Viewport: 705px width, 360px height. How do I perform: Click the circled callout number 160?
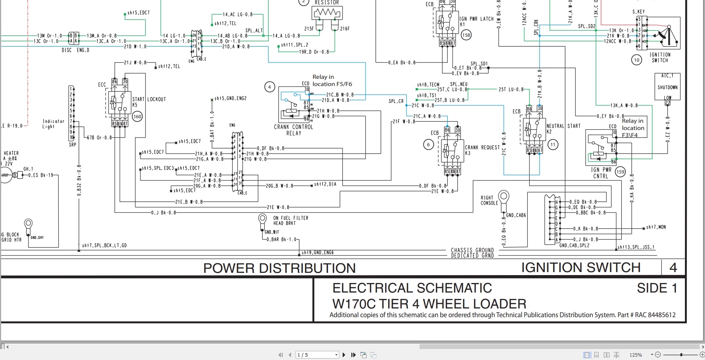(137, 116)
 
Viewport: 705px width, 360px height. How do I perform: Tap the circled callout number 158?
(466, 35)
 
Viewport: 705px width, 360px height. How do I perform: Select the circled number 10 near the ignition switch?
(636, 60)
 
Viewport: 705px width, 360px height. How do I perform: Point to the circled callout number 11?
(553, 144)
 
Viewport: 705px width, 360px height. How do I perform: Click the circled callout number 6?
(428, 144)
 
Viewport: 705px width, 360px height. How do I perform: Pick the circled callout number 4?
(269, 87)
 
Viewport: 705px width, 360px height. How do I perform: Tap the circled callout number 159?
(620, 172)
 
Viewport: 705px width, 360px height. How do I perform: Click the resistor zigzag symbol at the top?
(327, 13)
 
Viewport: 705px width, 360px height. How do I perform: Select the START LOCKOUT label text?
(149, 99)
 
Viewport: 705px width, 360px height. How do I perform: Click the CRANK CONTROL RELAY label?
(293, 130)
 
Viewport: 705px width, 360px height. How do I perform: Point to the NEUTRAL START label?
(563, 126)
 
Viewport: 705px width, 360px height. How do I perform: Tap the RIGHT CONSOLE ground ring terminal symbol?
(503, 197)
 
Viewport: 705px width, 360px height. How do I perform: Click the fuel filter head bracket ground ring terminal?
(262, 219)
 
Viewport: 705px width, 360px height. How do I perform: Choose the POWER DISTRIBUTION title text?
(279, 268)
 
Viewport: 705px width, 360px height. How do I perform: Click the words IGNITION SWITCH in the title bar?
(581, 268)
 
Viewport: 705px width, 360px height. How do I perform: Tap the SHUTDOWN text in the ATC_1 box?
(667, 87)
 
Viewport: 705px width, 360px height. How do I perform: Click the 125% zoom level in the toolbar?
(636, 355)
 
